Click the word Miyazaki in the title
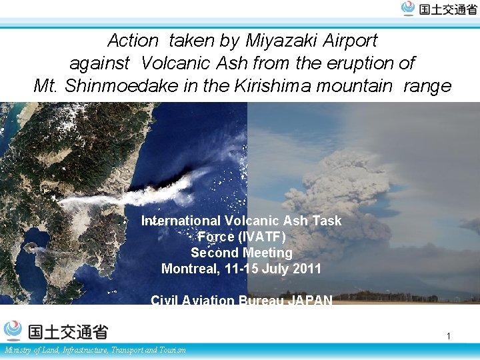click(x=283, y=41)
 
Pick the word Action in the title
click(x=133, y=41)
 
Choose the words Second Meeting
click(x=241, y=253)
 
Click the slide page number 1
click(x=449, y=336)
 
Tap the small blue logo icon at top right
click(x=408, y=8)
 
